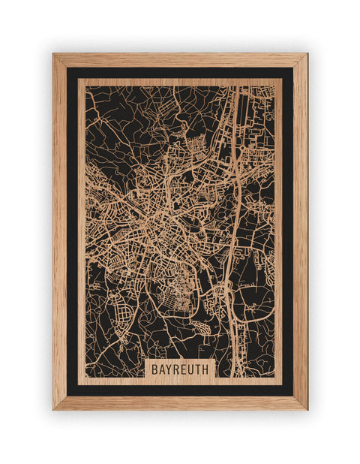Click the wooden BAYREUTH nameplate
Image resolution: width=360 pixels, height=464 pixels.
click(x=181, y=369)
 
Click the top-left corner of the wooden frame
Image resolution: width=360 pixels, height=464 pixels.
click(x=54, y=55)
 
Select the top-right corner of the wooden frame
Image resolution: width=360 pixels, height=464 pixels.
click(x=306, y=55)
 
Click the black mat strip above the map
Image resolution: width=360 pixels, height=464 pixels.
click(x=180, y=73)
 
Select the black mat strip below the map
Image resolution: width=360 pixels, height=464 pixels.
click(x=180, y=389)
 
